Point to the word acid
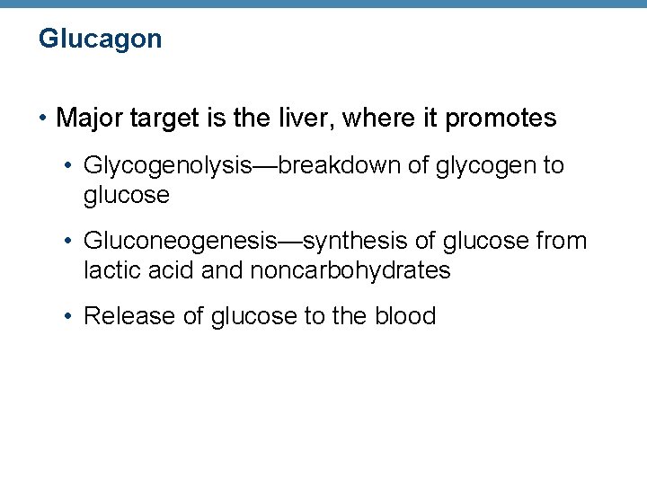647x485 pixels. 169,270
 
